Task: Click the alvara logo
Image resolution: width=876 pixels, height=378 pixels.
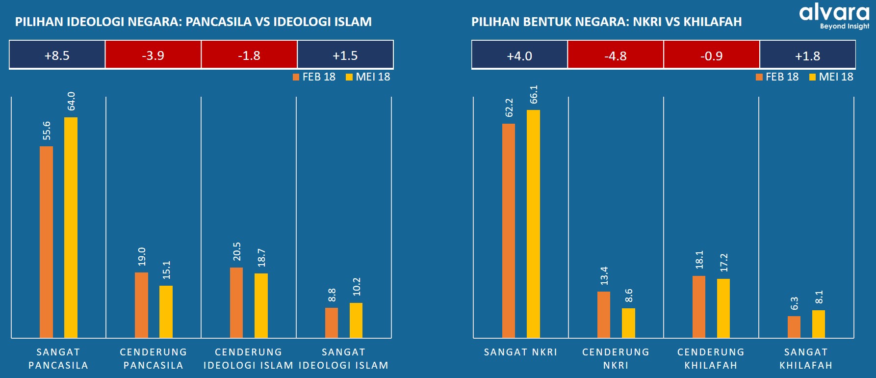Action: coord(834,16)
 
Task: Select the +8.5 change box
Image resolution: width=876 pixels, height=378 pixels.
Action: coord(57,55)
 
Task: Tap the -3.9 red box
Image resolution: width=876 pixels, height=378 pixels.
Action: coord(153,55)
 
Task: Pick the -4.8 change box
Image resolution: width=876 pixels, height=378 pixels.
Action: coord(615,55)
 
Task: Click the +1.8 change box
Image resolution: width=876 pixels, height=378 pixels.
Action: coord(807,55)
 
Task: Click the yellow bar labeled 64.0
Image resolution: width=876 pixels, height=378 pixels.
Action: coord(71,227)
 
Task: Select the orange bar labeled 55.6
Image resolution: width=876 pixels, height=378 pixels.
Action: coord(47,242)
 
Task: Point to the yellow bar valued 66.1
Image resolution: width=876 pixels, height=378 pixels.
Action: coord(533,224)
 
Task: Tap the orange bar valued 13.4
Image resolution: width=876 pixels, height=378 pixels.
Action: coord(604,315)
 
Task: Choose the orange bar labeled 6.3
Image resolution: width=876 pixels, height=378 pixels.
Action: coord(794,327)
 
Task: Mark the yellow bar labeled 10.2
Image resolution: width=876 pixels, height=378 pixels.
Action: coord(356,320)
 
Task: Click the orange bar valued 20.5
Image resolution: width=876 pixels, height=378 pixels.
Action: coord(236,302)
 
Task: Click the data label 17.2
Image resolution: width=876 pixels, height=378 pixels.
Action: coord(724,263)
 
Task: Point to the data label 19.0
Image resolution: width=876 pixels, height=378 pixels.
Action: coord(142,256)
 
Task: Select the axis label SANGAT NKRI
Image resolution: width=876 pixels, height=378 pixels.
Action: coord(520,352)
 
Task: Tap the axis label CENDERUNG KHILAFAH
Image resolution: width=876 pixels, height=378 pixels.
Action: coord(711,358)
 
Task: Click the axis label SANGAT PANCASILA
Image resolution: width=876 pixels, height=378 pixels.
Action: coord(58,358)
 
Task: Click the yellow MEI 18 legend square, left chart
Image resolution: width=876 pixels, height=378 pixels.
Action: coord(349,77)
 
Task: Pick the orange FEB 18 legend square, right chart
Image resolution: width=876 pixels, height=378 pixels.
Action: coord(759,77)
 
